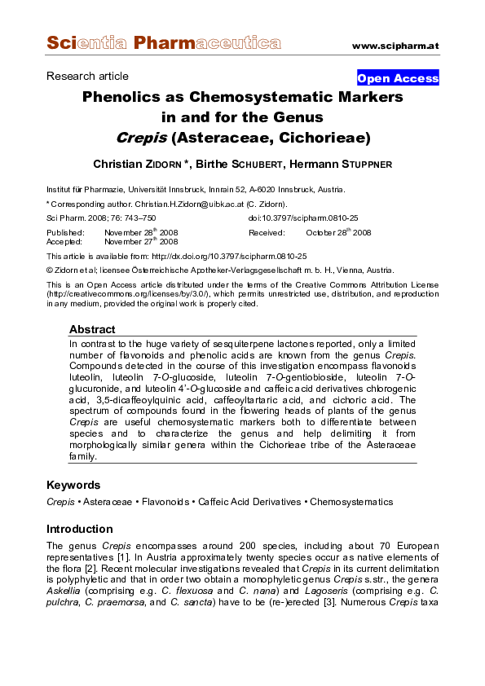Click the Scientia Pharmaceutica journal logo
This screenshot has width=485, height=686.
pos(163,42)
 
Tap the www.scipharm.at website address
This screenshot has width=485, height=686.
pos(395,46)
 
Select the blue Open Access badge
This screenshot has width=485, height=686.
pos(398,78)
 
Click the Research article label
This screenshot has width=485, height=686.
pos(87,76)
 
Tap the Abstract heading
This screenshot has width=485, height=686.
pos(92,330)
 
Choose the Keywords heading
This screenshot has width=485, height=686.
pos(73,486)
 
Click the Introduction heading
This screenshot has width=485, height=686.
pos(80,529)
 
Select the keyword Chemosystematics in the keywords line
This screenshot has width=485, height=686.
pos(351,502)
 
